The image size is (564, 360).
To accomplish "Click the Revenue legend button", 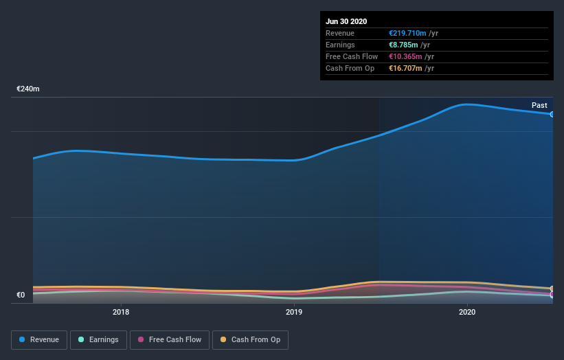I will tap(40, 339).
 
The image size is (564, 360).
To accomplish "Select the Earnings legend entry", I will tap(99, 339).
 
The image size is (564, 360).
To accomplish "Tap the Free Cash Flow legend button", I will tap(170, 339).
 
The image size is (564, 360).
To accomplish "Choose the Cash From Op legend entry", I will tap(250, 339).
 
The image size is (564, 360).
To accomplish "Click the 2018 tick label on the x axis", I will tap(121, 312).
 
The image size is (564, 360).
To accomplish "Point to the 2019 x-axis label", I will tap(294, 312).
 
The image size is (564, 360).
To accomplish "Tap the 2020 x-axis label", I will tap(467, 312).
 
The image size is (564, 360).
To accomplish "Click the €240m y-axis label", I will tap(28, 89).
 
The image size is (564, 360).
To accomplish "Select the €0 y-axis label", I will tap(21, 295).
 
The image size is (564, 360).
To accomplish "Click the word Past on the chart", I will tap(539, 105).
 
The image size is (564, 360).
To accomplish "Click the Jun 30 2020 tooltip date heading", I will tap(346, 21).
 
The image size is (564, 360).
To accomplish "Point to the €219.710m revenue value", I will tap(407, 33).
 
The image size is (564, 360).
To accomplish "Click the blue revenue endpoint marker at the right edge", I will tap(552, 114).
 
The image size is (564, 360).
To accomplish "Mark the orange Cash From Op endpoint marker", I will tap(552, 289).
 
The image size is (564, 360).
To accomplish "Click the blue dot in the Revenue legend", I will tap(23, 339).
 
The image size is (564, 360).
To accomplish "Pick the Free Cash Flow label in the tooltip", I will tap(352, 56).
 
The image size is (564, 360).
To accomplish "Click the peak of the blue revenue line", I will tap(467, 104).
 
